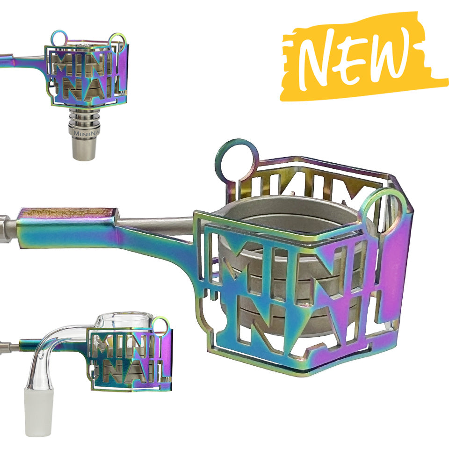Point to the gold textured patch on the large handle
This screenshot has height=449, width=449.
pyautogui.click(x=65, y=212)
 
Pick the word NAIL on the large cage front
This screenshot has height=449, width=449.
pyautogui.click(x=299, y=323)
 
